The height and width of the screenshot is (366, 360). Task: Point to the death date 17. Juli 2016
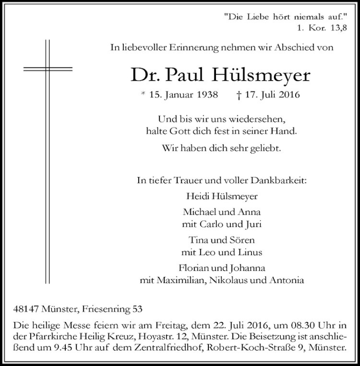[x=270, y=95]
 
